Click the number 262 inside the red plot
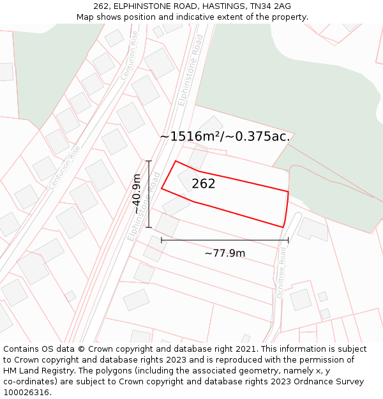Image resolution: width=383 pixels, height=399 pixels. point(204,184)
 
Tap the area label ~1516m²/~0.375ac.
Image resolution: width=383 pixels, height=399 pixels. point(225,136)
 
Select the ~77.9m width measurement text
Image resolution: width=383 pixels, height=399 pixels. point(225,253)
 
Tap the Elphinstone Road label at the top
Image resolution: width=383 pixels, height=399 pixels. point(191,70)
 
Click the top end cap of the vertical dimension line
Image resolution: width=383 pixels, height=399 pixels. point(149,161)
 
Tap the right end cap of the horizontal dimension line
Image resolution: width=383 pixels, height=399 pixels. point(289,240)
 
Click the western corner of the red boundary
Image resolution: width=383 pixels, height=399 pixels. point(161,188)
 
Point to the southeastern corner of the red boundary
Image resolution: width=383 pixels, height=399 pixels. point(283,227)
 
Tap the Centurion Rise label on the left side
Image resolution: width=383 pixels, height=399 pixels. point(66,167)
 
